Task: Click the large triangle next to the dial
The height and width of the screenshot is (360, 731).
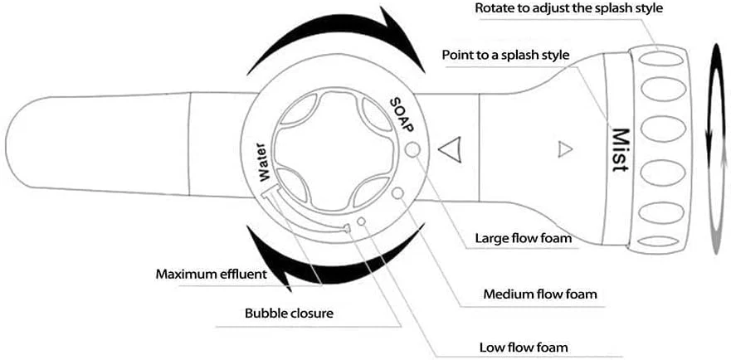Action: pyautogui.click(x=449, y=151)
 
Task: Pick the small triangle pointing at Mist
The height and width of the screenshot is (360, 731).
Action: pyautogui.click(x=564, y=150)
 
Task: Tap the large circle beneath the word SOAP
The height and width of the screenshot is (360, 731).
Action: pyautogui.click(x=415, y=149)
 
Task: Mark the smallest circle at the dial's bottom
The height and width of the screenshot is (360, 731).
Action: pyautogui.click(x=362, y=221)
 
